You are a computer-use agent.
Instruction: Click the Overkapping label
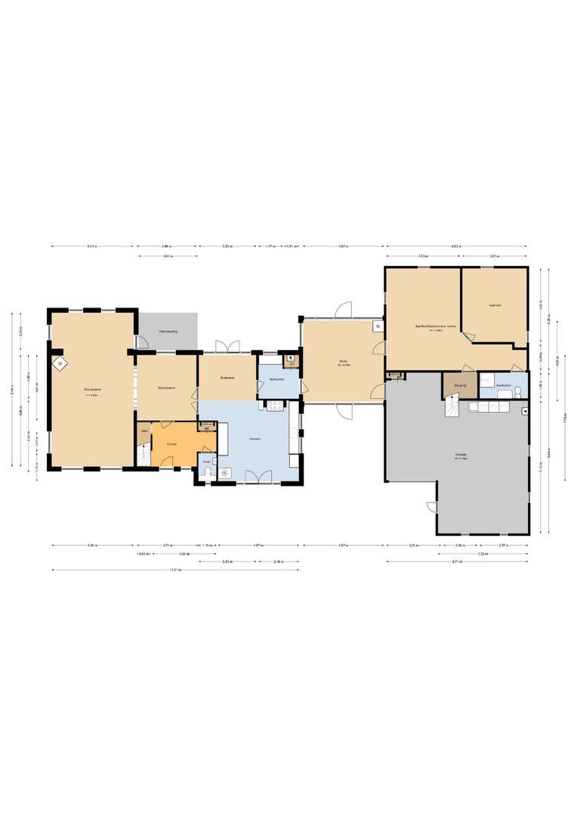(167, 332)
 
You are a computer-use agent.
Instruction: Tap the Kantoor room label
(495, 305)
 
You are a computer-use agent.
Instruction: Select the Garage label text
(460, 455)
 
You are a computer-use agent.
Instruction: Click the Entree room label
(172, 444)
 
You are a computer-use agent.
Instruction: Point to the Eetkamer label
(227, 377)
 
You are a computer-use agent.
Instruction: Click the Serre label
(342, 363)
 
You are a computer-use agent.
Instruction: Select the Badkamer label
(504, 385)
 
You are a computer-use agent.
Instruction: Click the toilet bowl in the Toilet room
(207, 473)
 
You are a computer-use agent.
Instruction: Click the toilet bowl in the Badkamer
(518, 391)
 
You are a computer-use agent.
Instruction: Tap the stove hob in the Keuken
(274, 405)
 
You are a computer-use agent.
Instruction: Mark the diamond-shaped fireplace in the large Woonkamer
(58, 364)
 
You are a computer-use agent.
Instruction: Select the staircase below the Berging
(451, 408)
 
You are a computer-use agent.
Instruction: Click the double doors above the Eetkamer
(227, 347)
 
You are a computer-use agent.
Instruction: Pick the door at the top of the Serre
(344, 311)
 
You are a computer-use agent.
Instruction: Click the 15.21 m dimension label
(174, 570)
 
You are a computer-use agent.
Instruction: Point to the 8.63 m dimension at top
(457, 246)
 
